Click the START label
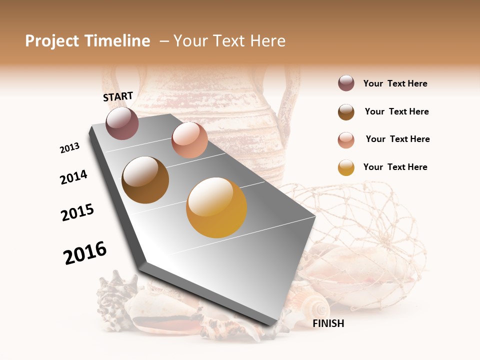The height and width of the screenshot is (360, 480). coord(118,96)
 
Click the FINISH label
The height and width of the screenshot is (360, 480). coord(328,323)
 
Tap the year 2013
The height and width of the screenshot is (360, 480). coord(69,148)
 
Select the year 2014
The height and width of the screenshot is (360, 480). coord(73,177)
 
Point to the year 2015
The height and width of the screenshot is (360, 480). coord(77,212)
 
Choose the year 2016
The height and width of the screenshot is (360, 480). coord(85,253)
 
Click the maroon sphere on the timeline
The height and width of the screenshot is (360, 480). coord(122,123)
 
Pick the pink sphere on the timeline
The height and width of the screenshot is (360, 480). coord(189,140)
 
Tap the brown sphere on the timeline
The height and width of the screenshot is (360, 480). coord(145,180)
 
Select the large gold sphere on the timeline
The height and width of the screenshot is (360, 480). coord(216,207)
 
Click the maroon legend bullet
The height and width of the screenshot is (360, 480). coord(346,83)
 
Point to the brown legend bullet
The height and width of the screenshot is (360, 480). coord(346,112)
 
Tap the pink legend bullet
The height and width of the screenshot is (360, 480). coord(346,140)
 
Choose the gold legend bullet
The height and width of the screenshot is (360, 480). coord(346,167)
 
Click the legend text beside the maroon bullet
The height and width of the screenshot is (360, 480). coord(395,84)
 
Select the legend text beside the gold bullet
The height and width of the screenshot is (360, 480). coord(395,167)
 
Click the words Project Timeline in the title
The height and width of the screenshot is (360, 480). coord(87,41)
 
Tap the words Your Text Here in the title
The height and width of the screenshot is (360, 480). coord(229,41)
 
